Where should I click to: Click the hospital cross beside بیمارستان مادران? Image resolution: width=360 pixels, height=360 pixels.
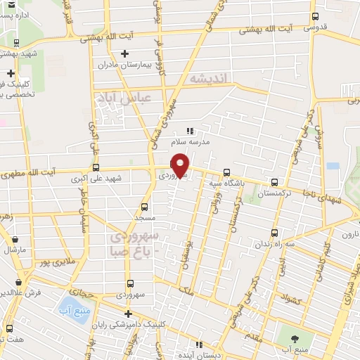pos(125,53)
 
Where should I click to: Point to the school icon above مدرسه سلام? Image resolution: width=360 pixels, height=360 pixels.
pos(189,130)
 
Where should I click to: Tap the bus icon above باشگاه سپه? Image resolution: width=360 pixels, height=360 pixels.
pos(226,172)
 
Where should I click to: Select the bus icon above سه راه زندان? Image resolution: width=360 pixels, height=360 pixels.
pos(275,233)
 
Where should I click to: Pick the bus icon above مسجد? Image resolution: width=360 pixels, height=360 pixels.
pos(145,207)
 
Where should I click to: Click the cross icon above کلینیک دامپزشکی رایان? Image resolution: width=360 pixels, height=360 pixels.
pos(127,314)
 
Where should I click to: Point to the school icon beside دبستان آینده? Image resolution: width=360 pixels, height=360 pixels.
pos(199,345)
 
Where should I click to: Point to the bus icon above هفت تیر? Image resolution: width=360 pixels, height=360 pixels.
pos(9,328)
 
